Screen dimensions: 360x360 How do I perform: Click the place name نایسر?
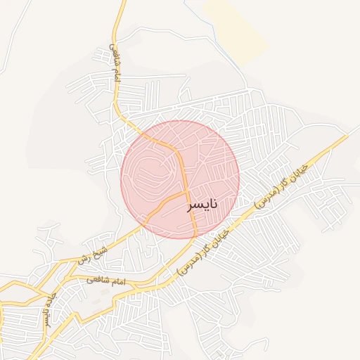[202, 205]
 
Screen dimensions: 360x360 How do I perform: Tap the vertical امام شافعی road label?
[115, 63]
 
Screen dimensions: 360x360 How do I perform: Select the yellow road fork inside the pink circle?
[187, 191]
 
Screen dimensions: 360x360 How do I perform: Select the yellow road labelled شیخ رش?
[127, 236]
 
